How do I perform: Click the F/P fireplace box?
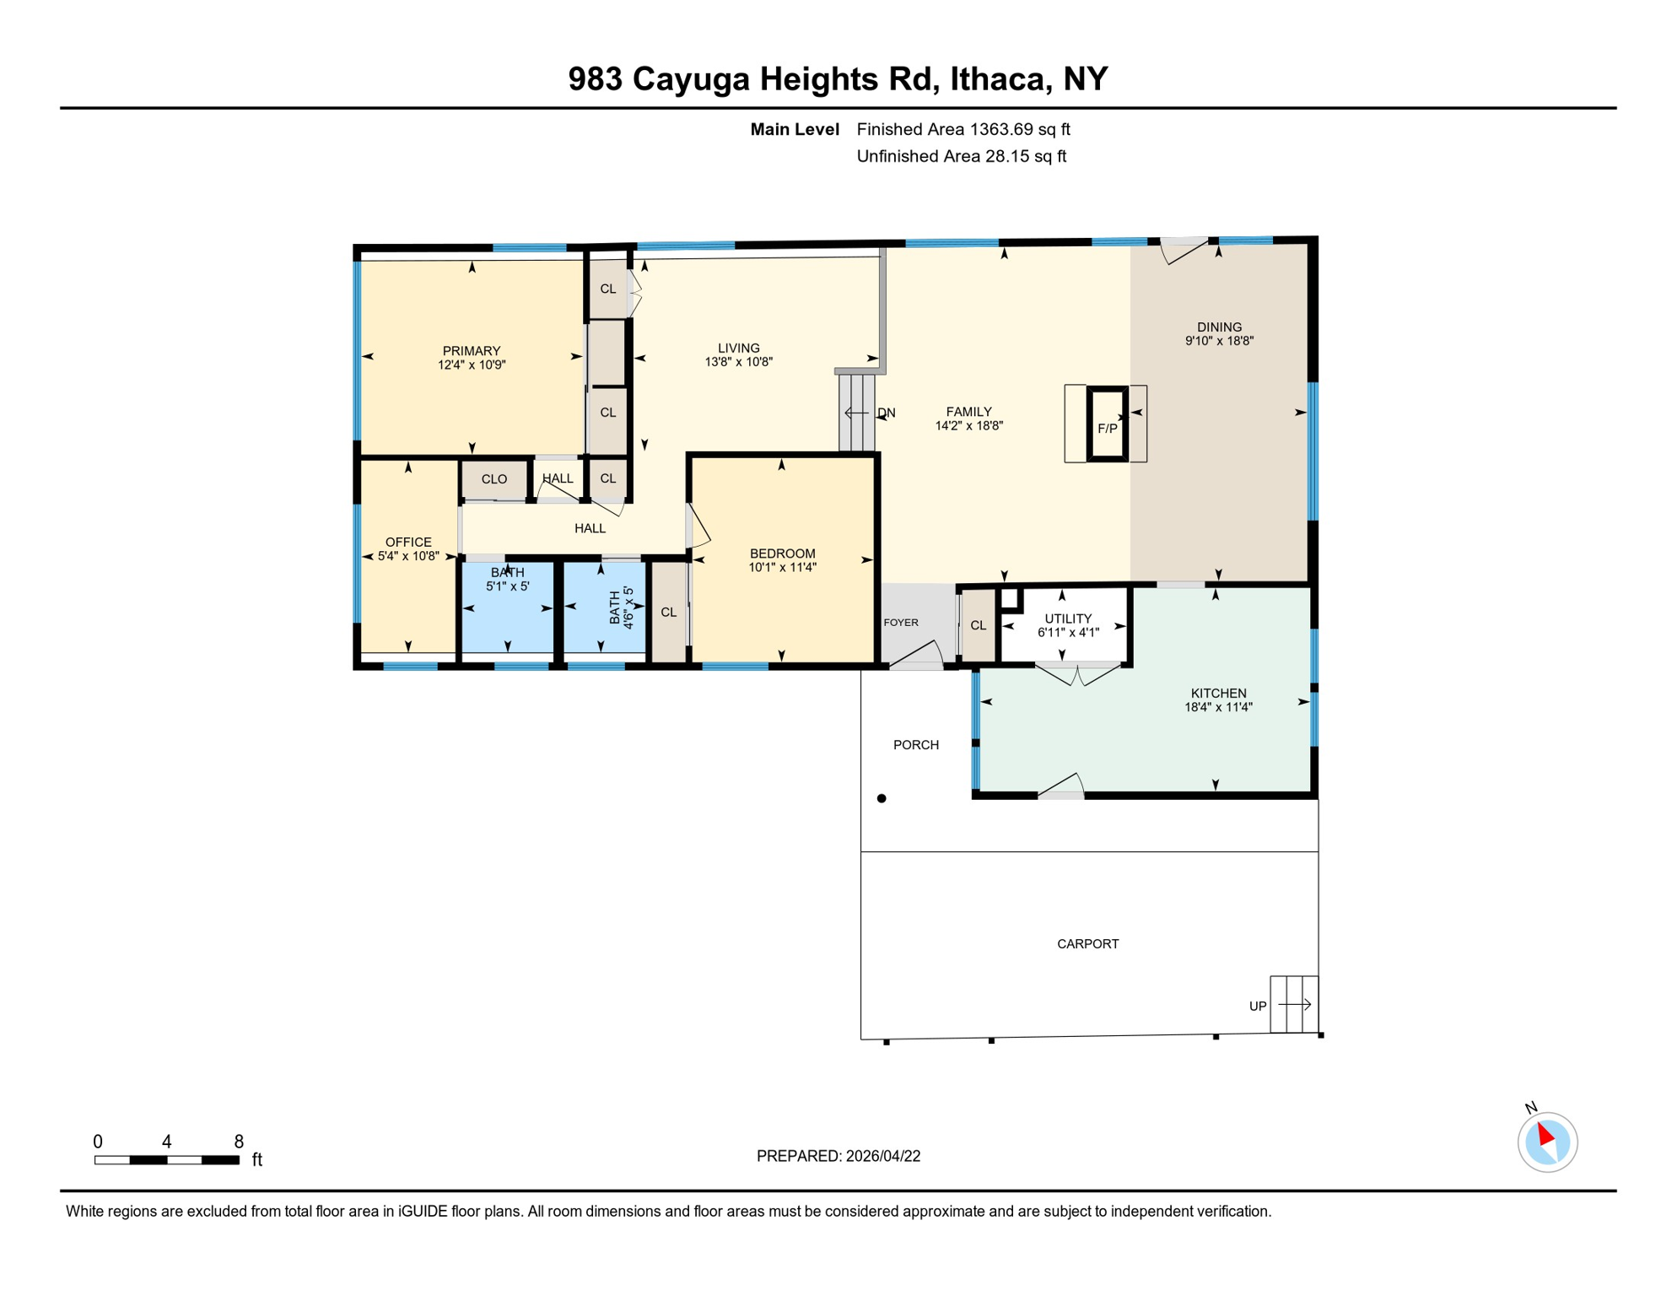1107,424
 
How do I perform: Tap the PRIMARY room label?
472,351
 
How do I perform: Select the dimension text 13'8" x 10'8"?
739,362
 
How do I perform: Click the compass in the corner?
1547,1142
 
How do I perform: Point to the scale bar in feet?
167,1160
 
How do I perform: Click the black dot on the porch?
882,798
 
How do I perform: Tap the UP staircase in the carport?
1294,1004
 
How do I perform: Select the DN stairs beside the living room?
857,413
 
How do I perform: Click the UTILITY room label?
1068,618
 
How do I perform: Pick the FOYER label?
901,623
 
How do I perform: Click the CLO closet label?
494,479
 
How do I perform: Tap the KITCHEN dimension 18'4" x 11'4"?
1218,708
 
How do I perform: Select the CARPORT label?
1087,944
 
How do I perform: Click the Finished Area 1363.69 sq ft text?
963,129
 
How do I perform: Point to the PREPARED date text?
838,1156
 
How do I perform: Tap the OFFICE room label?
408,543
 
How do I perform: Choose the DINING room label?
1219,327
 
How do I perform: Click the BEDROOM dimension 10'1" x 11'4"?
782,568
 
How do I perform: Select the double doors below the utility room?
1077,674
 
